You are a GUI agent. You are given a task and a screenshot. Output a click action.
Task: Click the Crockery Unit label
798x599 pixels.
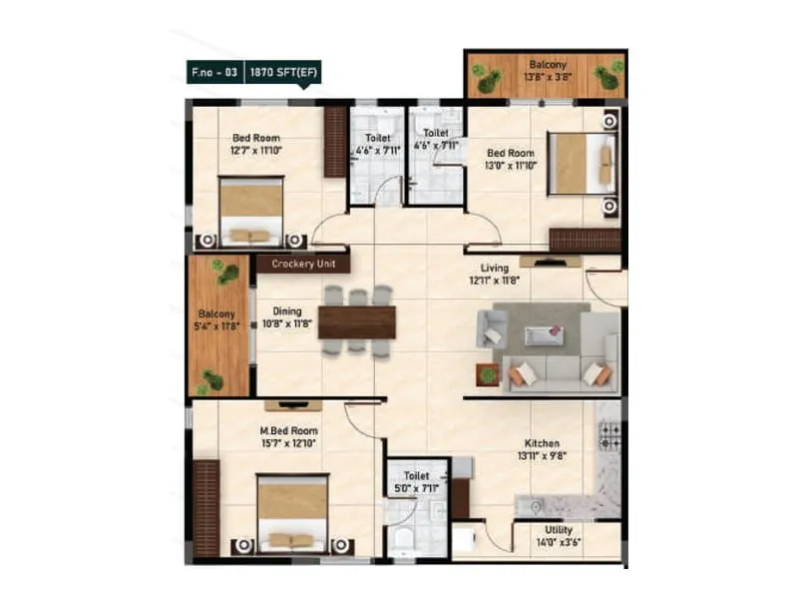point(302,265)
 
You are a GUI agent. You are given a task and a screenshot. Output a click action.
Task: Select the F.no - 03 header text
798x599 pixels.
point(215,74)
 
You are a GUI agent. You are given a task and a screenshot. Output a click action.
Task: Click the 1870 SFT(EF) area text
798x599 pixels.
point(278,74)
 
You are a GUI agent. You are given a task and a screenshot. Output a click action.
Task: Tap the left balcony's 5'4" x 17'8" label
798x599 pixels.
point(218,318)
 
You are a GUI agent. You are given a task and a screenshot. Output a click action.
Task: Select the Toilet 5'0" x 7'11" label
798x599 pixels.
point(415,482)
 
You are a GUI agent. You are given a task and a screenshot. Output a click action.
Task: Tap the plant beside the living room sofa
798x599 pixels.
point(487,374)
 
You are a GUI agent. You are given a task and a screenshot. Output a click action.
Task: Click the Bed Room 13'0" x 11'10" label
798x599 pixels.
point(511,159)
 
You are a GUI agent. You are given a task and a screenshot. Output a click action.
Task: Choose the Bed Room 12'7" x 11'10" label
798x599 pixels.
point(256,144)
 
